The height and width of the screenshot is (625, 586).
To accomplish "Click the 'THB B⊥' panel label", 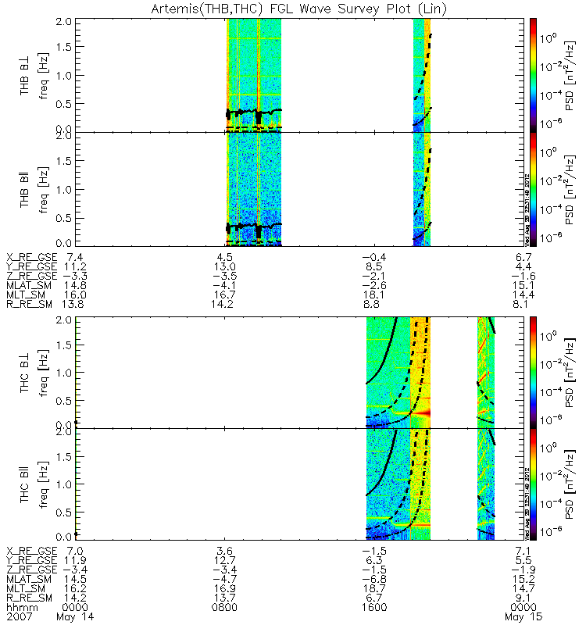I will tap(24, 74).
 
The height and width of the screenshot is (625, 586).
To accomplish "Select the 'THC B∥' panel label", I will tap(24, 484).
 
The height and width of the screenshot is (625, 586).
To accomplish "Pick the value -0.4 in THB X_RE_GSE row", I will tap(370, 257).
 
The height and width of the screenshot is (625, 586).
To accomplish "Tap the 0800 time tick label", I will tap(225, 606).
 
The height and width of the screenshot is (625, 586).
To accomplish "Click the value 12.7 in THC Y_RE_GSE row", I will tap(225, 559).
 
